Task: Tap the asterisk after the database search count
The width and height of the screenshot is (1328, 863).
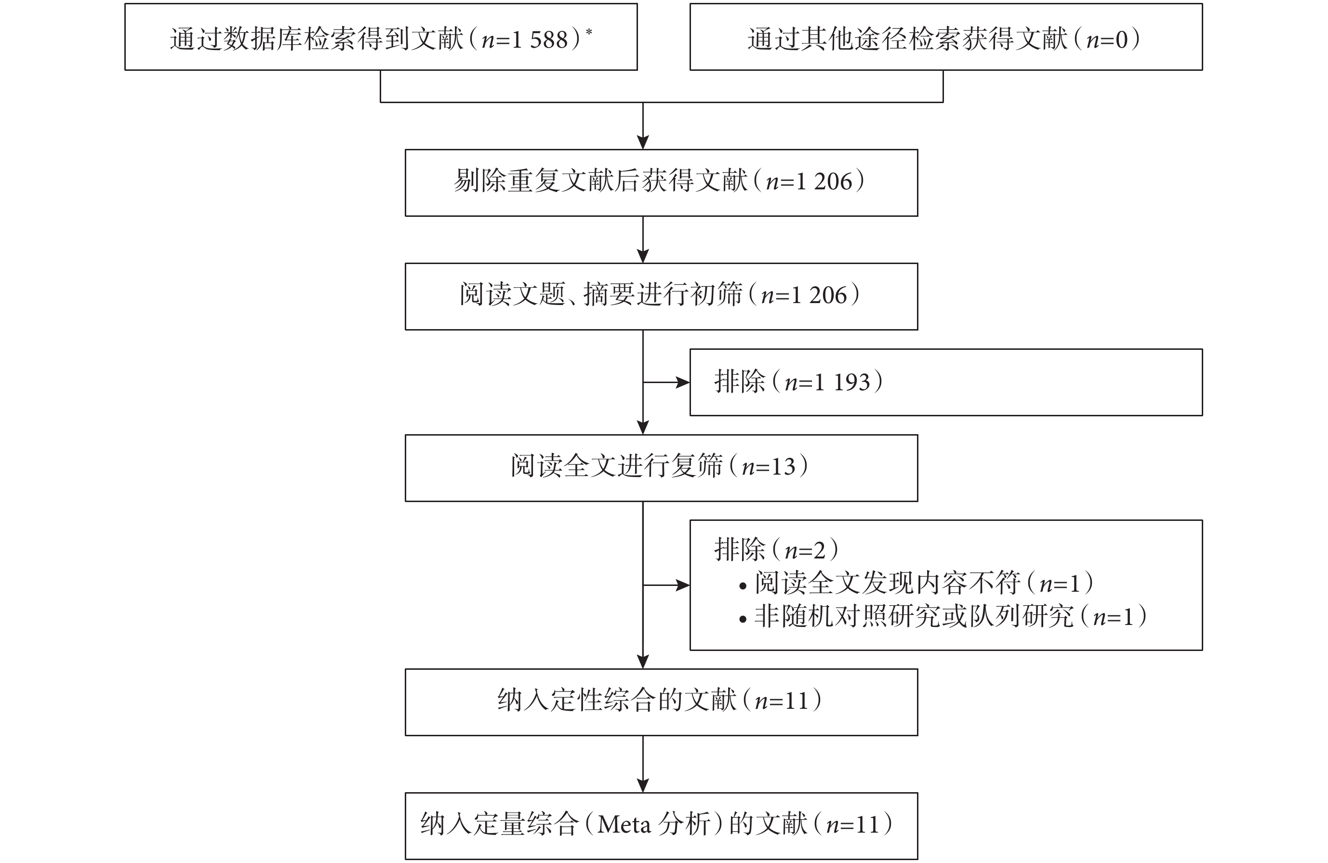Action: pyautogui.click(x=589, y=32)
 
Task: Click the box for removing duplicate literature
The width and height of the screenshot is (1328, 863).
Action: pyautogui.click(x=661, y=183)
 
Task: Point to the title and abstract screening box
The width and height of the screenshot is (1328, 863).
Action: pyautogui.click(x=661, y=296)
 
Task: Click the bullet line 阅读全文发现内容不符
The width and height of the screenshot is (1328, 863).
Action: pyautogui.click(x=915, y=583)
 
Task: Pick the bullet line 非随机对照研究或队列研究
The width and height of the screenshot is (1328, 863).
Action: pyautogui.click(x=943, y=616)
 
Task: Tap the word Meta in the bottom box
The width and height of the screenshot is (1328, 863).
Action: pyautogui.click(x=624, y=824)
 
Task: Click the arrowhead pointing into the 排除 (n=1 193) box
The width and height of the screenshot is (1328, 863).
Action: pyautogui.click(x=683, y=382)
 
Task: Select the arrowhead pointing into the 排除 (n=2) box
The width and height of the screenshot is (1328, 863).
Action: pyautogui.click(x=683, y=585)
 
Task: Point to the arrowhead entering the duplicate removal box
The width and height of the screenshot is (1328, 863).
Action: pyautogui.click(x=643, y=142)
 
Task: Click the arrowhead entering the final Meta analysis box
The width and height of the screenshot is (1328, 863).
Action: pyautogui.click(x=643, y=785)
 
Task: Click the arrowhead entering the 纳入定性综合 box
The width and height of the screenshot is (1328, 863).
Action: pyautogui.click(x=643, y=662)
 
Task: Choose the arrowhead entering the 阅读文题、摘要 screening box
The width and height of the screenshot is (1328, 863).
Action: pyautogui.click(x=643, y=256)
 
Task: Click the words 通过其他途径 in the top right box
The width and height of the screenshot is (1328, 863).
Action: pyautogui.click(x=827, y=40)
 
